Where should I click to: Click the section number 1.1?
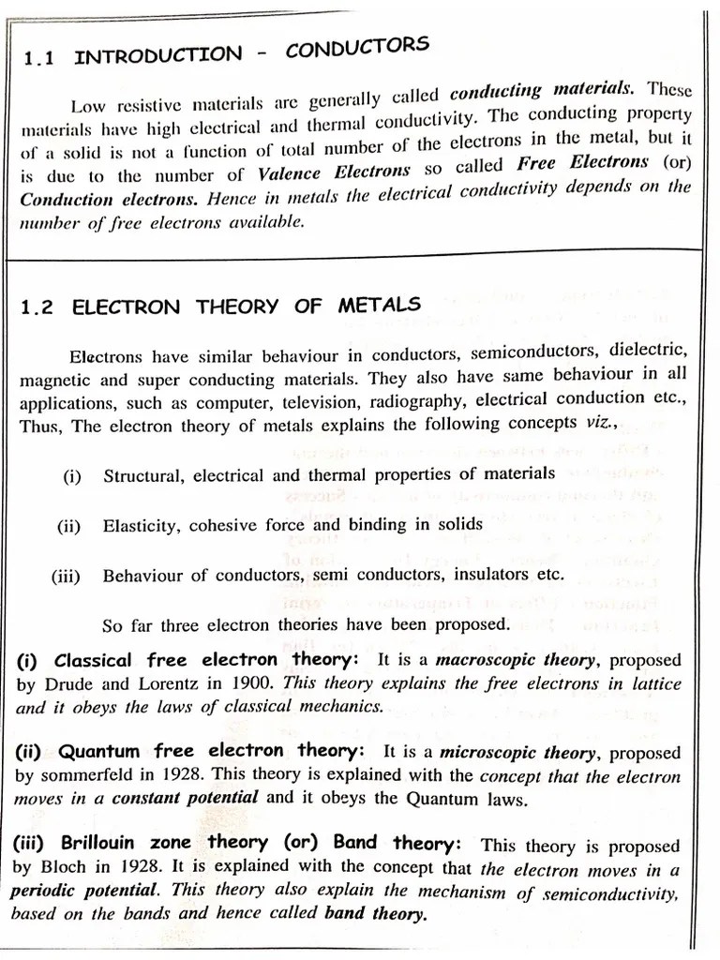coord(38,58)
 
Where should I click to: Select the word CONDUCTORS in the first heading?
coord(357,47)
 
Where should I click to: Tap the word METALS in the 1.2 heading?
coord(380,306)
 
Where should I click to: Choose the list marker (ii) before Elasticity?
coord(69,526)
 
